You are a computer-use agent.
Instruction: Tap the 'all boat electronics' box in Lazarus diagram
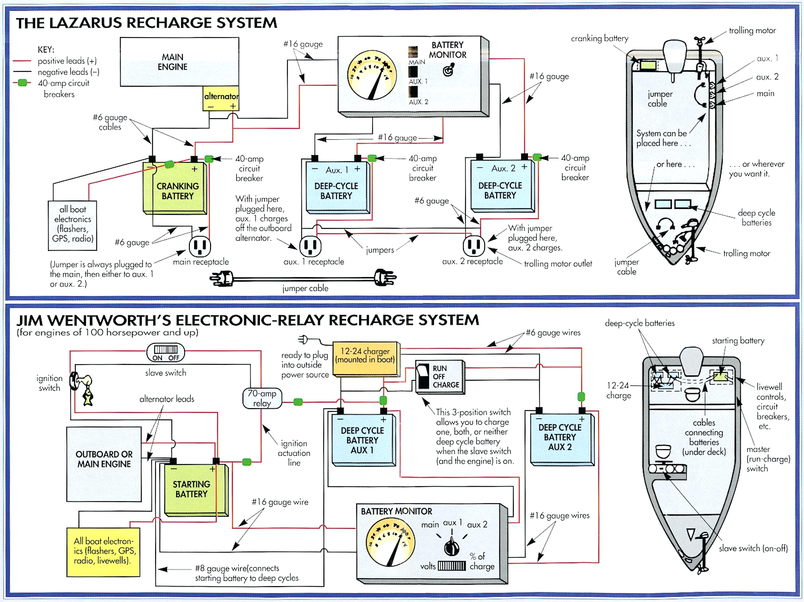coord(72,225)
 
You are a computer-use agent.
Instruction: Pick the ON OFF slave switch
coord(165,352)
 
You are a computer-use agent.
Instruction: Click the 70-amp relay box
coord(262,398)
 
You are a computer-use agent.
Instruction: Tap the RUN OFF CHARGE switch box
coord(439,377)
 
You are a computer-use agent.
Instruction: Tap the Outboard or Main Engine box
coord(104,464)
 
